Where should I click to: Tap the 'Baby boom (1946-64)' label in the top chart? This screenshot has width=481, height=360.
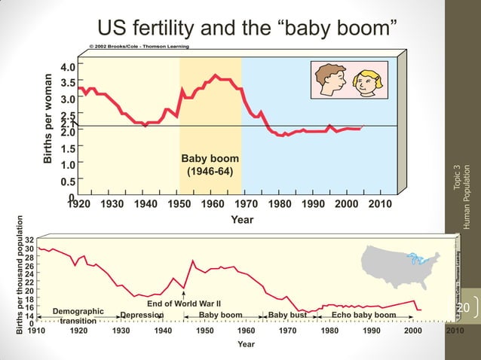point(210,165)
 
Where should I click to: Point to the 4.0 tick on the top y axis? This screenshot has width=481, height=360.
point(68,66)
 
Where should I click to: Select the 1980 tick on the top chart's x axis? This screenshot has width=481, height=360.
point(280,203)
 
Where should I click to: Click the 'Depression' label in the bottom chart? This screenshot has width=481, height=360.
point(142,315)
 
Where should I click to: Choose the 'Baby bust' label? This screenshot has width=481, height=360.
point(287,315)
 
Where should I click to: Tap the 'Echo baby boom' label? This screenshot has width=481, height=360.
point(363,315)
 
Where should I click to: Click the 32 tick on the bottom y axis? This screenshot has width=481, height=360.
point(29,239)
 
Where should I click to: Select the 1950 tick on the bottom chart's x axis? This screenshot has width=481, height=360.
point(204,331)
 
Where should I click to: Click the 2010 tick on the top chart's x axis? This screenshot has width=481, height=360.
point(381,203)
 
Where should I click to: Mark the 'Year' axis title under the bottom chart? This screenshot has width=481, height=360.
point(246,344)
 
